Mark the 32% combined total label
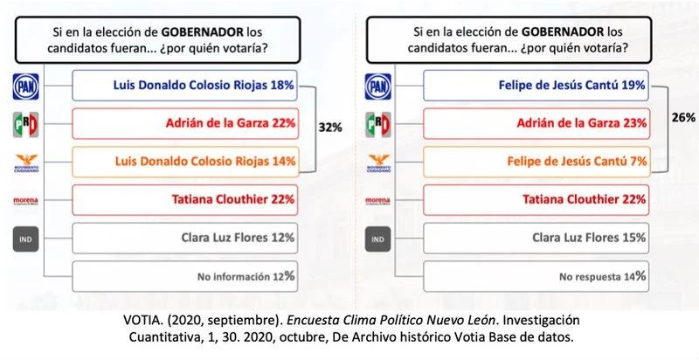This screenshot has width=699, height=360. [329, 127]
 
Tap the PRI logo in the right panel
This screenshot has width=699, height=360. [378, 123]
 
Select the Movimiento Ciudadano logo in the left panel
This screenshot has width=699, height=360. [25, 163]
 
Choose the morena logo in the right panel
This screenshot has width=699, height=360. [378, 200]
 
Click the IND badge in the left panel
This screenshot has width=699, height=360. [25, 238]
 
